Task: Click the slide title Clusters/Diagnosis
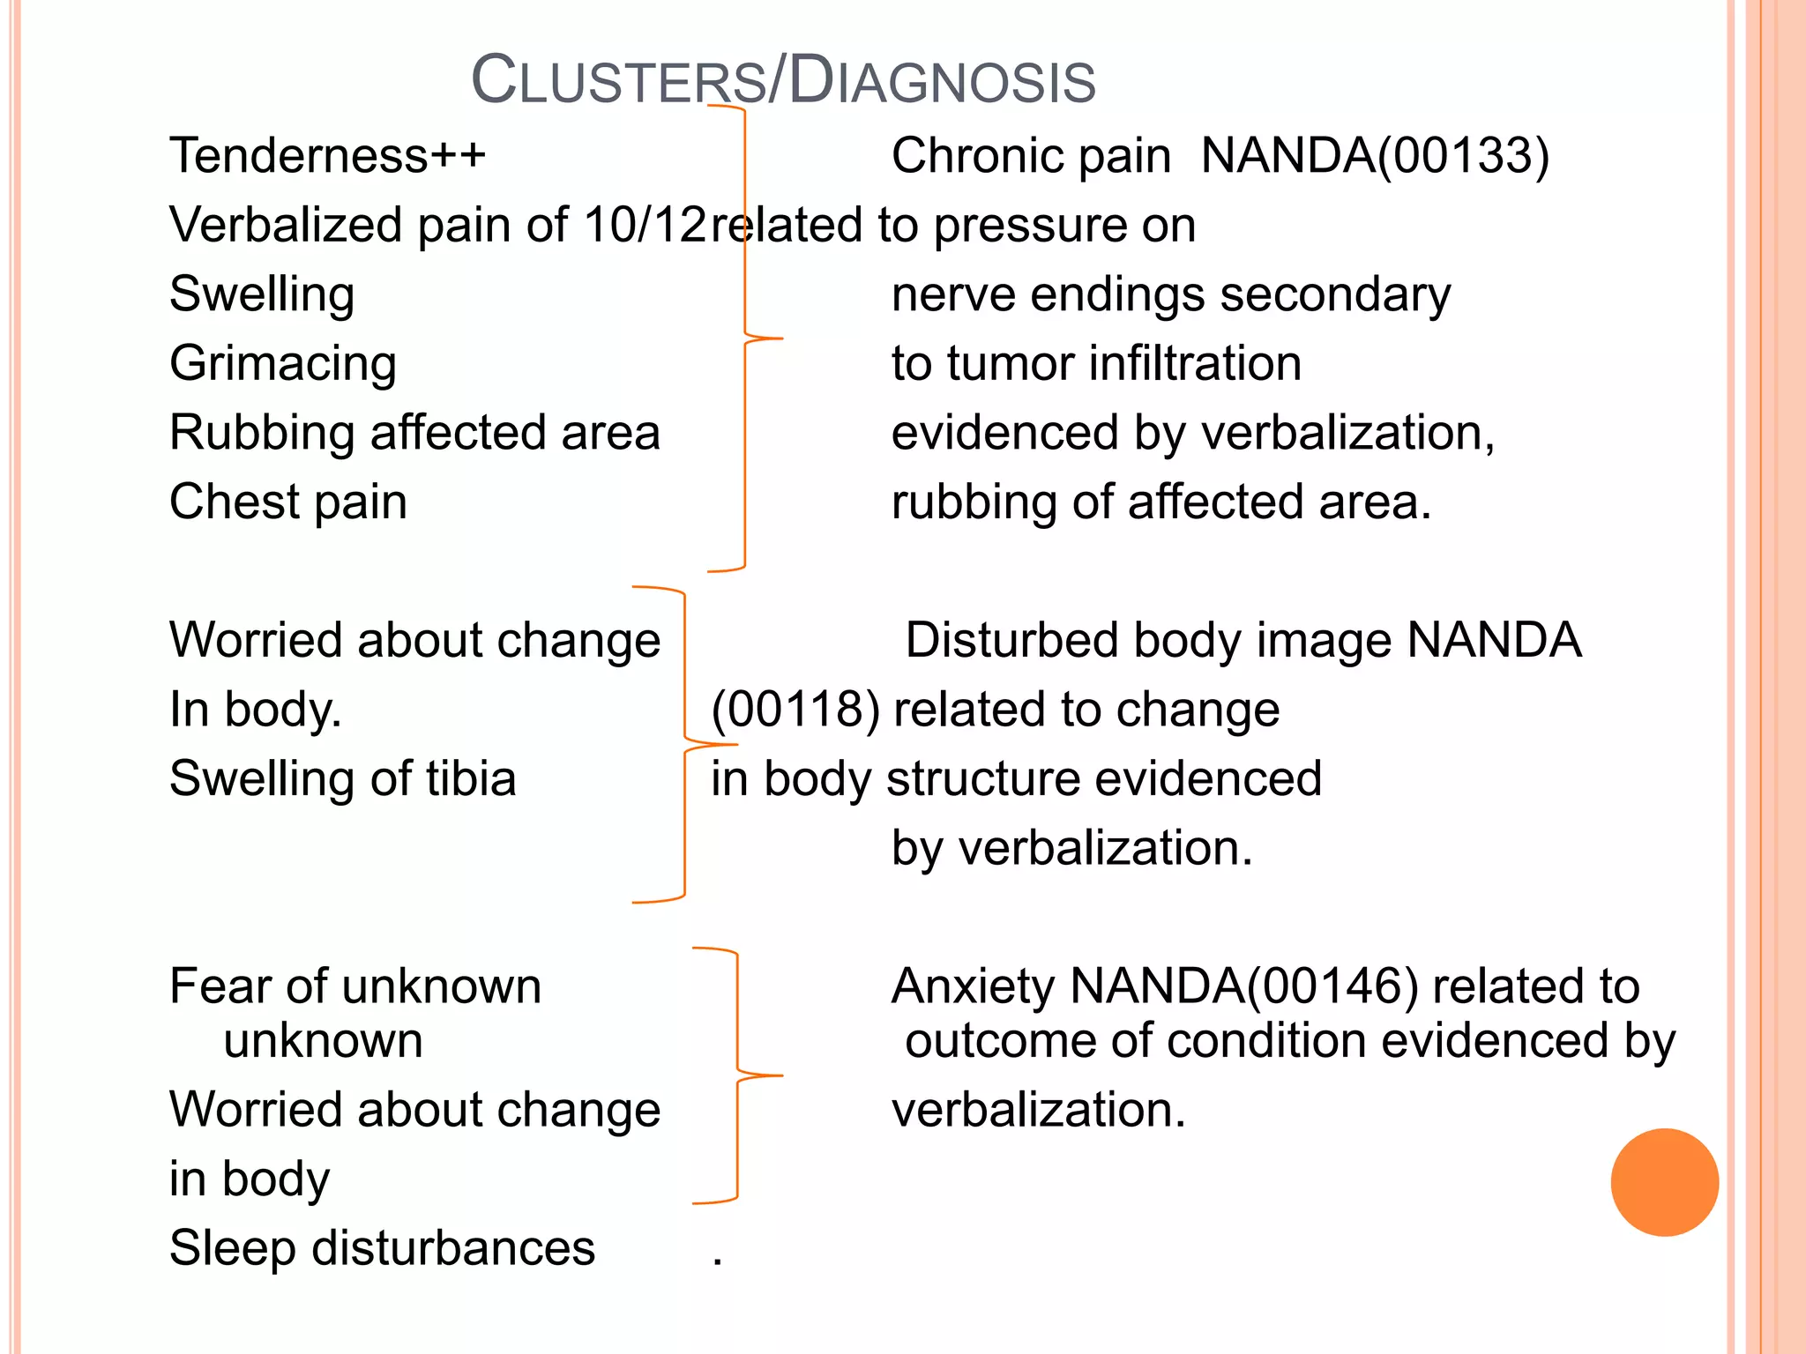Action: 783,80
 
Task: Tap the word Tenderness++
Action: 327,156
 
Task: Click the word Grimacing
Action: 283,363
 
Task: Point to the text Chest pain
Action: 288,502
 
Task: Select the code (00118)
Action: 795,710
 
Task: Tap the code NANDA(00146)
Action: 1243,986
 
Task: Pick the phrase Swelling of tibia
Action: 342,778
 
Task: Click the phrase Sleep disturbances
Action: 382,1247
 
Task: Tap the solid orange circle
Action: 1664,1182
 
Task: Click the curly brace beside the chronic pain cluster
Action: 745,338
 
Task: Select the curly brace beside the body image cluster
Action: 685,745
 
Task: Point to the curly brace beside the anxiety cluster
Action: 737,1075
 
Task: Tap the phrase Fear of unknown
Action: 354,986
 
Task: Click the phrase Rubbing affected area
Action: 414,433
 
